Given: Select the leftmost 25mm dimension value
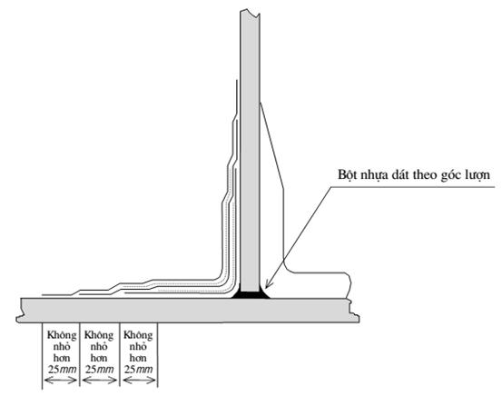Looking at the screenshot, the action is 62,370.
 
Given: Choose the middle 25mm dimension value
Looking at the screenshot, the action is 99,370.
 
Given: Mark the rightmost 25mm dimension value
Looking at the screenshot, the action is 138,370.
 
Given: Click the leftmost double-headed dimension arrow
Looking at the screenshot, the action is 61,381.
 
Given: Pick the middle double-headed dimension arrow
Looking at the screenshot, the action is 100,381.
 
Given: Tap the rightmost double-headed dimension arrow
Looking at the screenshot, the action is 139,381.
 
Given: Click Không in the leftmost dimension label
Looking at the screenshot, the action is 62,336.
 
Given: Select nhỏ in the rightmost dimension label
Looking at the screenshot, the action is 138,347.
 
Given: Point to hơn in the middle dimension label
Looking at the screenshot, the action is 99,358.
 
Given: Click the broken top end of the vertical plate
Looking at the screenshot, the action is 250,13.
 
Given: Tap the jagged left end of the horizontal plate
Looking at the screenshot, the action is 20,310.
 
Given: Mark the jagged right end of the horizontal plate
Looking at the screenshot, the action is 354,311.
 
